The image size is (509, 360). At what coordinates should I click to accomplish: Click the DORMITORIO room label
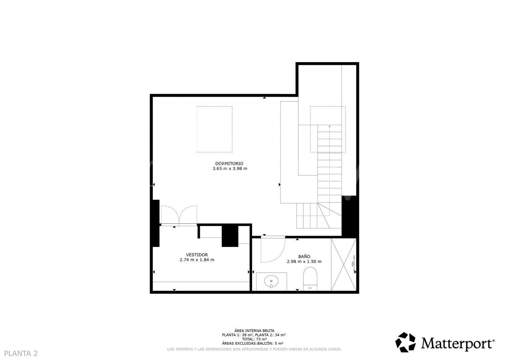229,163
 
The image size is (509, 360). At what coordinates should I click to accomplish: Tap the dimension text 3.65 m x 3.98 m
230,169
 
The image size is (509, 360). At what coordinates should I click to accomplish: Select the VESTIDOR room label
197,255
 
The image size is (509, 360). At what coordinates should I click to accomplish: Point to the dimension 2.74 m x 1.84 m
197,260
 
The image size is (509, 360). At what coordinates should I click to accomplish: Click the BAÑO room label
304,257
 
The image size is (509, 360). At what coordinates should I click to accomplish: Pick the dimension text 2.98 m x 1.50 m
304,262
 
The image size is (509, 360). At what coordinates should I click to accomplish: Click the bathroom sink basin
271,281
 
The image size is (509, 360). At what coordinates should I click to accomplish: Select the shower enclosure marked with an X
343,265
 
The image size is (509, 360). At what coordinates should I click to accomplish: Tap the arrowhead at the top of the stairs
329,126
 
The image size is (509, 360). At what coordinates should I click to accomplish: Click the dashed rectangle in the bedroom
214,129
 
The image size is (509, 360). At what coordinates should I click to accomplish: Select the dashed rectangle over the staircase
328,129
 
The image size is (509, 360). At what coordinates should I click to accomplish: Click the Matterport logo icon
406,342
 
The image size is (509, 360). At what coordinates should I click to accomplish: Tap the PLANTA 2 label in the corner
21,353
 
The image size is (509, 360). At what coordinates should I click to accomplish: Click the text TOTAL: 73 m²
254,339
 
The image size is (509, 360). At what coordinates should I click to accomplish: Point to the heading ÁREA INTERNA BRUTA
254,330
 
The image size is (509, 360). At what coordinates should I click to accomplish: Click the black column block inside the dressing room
230,236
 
